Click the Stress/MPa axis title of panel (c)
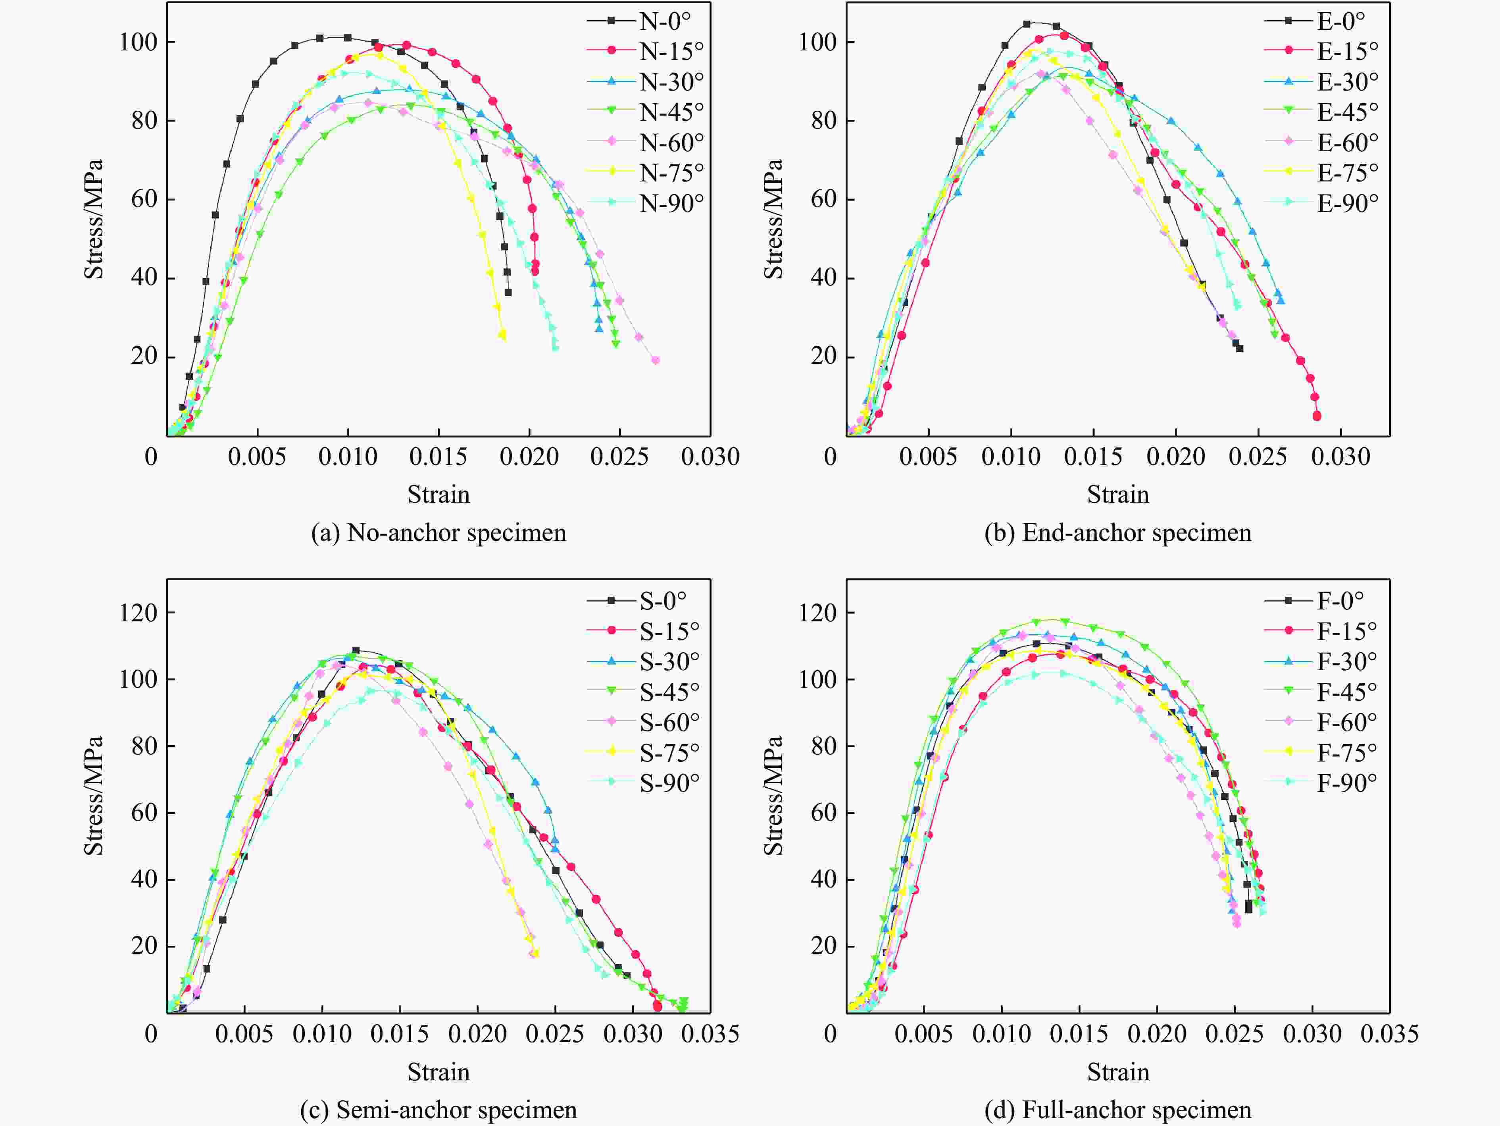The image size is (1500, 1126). (94, 796)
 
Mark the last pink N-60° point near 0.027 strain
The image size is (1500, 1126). (656, 360)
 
